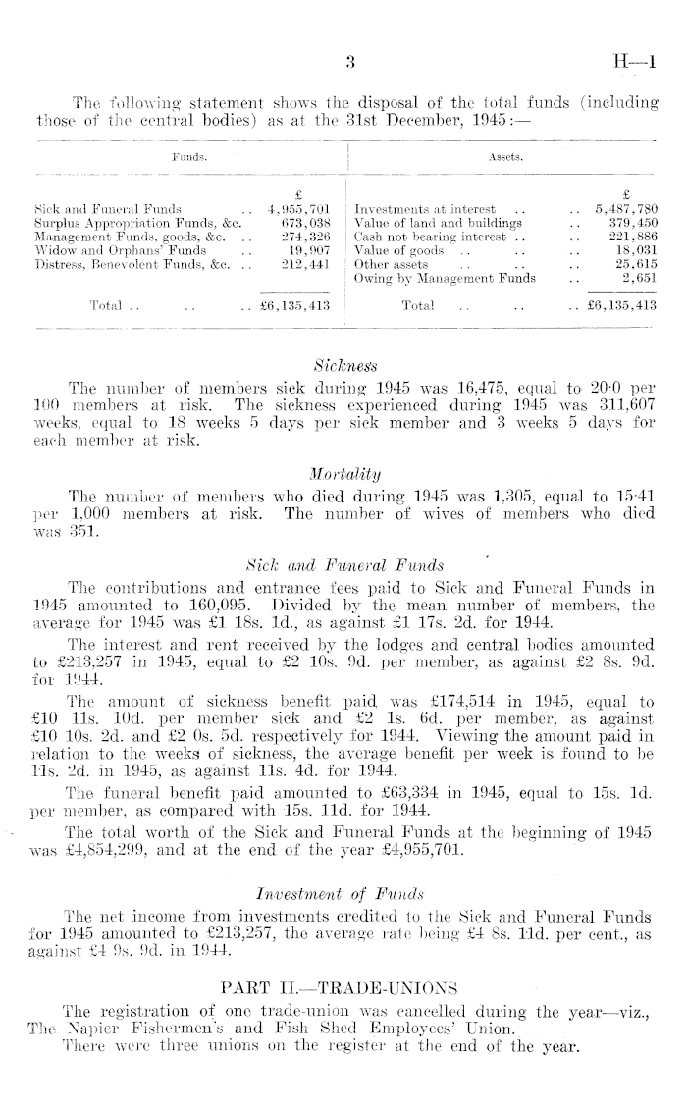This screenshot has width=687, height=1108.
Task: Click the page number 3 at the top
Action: click(x=349, y=67)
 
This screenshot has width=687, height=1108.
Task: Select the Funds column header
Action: click(x=187, y=155)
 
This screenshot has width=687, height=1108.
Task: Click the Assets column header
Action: click(x=503, y=155)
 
